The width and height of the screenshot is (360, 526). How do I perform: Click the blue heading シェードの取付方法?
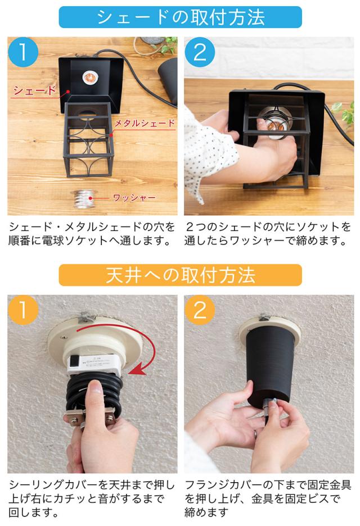(x=181, y=17)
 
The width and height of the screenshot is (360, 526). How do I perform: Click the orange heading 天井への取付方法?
(x=181, y=275)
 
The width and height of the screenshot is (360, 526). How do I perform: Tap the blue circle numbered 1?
(x=23, y=52)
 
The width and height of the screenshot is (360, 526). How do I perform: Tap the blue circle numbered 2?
(x=200, y=52)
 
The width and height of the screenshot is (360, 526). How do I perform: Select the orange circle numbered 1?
(x=23, y=310)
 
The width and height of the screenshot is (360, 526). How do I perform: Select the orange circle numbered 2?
(x=200, y=310)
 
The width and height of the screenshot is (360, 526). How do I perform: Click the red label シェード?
(x=34, y=90)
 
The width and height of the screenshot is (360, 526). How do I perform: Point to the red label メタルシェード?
(x=145, y=123)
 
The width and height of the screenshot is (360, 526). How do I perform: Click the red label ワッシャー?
(x=134, y=198)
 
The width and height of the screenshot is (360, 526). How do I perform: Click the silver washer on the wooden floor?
(x=84, y=198)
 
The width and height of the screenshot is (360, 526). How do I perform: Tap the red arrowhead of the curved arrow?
(x=138, y=369)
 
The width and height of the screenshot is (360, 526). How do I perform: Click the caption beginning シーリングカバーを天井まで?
(x=91, y=499)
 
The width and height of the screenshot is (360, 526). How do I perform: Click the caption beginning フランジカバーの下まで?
(x=268, y=499)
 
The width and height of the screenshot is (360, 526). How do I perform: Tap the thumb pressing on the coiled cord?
(x=96, y=394)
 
